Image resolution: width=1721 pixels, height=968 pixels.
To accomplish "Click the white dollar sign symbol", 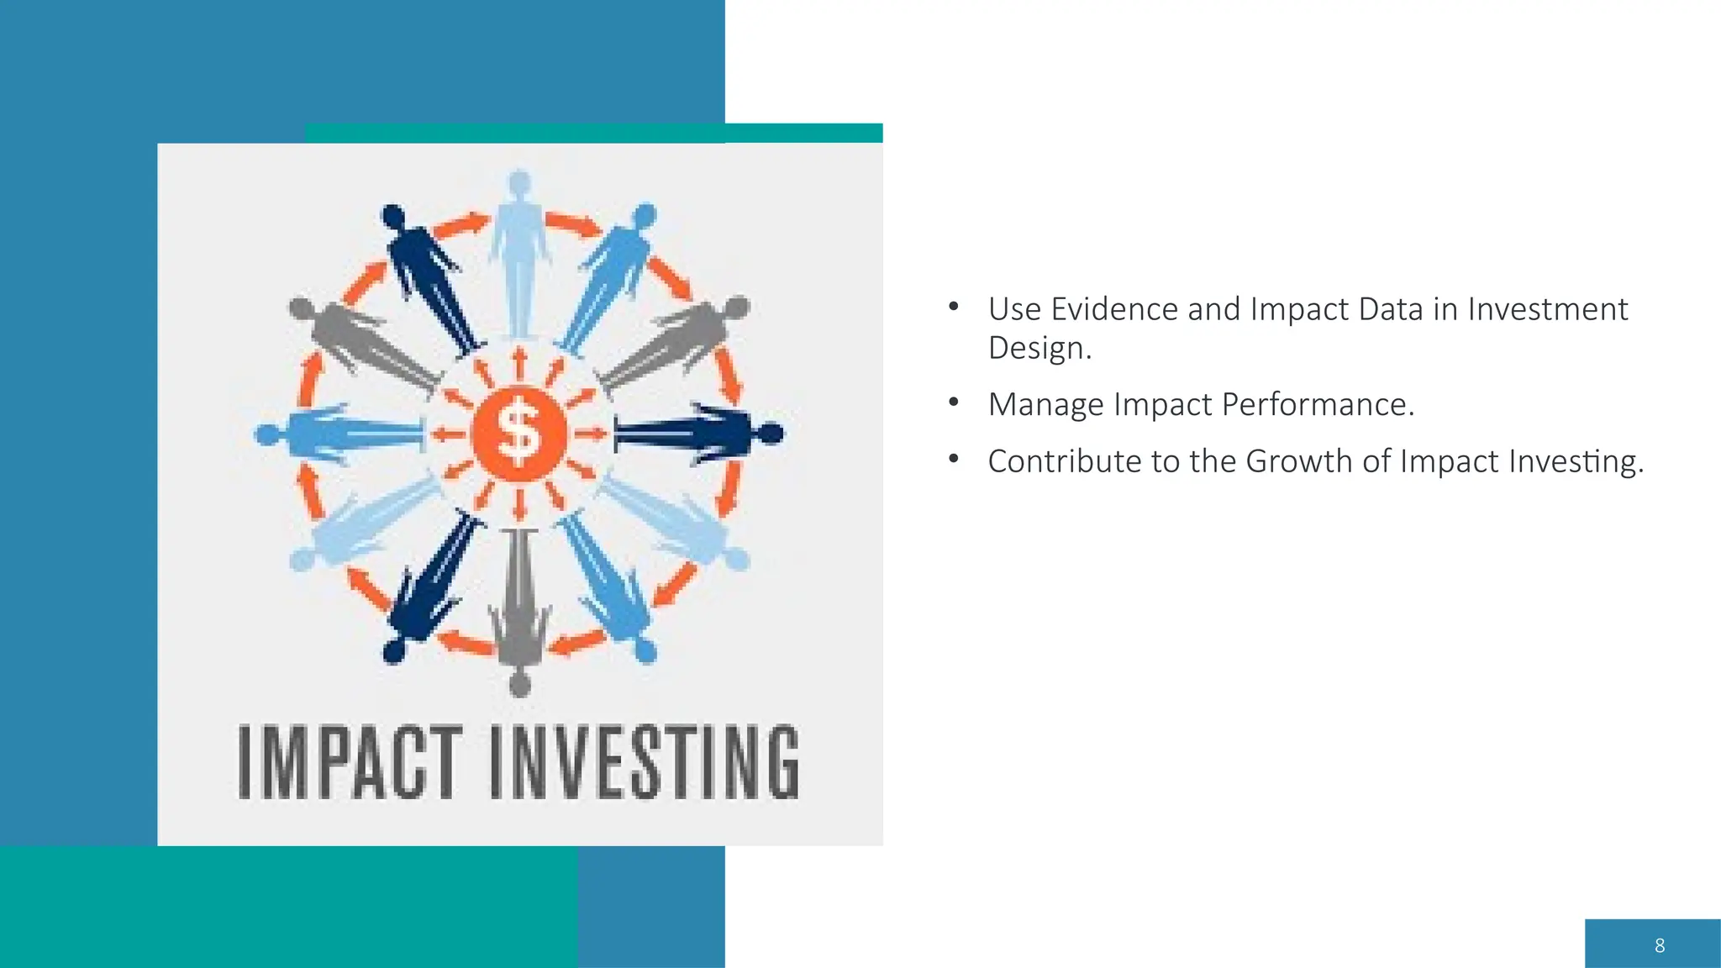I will (518, 434).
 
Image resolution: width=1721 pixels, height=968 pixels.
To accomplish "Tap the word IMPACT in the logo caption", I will (350, 762).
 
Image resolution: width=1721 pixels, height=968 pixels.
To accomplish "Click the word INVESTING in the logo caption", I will (644, 762).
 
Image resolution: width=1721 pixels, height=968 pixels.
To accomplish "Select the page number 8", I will (1659, 945).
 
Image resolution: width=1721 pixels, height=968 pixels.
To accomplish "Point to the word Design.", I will (1039, 348).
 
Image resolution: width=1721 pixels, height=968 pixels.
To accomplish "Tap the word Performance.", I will (1317, 405).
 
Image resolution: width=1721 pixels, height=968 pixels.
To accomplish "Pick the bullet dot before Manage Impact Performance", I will (953, 402).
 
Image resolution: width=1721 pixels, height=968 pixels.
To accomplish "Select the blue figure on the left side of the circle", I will (340, 434).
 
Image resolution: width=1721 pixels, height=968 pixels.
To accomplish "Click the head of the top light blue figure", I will (519, 181).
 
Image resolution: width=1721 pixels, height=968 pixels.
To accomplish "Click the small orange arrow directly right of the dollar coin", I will (591, 434).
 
